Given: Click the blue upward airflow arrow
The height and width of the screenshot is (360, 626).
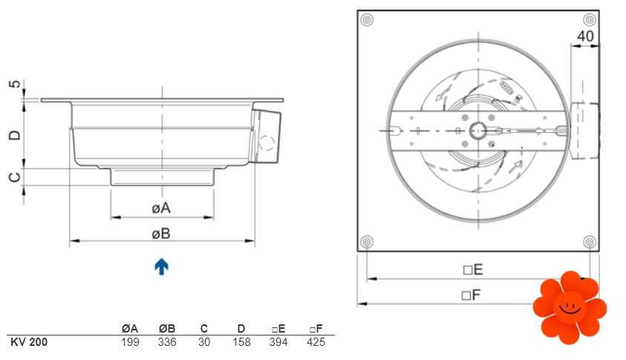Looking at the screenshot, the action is pos(161,266).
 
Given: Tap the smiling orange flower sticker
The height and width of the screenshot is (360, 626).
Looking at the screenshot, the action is pos(570,308).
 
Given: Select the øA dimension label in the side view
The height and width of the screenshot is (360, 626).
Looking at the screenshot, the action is pos(161,208).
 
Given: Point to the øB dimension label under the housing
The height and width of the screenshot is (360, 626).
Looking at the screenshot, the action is pos(161,234).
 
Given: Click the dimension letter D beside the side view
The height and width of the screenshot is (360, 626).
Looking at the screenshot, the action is pos(15,135).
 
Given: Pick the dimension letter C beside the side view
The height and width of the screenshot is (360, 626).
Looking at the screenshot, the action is pos(15,177).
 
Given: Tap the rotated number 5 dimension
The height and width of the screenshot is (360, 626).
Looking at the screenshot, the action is pos(15,84).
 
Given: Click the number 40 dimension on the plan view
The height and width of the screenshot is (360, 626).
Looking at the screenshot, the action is pos(585,36).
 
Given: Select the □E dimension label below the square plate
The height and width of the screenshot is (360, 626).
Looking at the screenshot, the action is pos(473,269).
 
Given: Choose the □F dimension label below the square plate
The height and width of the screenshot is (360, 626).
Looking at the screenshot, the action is pos(471,295).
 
